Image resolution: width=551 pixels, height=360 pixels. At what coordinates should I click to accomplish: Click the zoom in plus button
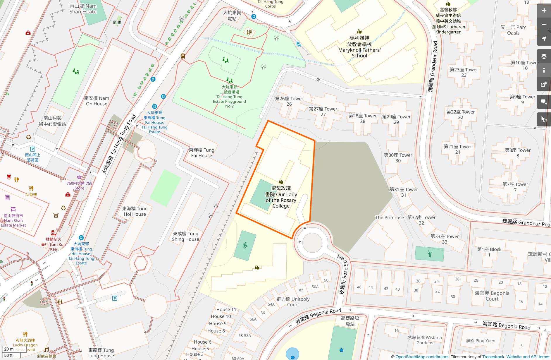click(x=544, y=11)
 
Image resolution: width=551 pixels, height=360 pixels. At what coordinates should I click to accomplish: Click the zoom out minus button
click(x=544, y=25)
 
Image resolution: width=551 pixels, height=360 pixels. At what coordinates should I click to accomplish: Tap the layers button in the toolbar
click(x=544, y=56)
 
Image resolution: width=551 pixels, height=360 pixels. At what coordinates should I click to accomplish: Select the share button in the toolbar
click(x=544, y=85)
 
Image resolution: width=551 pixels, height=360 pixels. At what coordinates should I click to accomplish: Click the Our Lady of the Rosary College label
click(x=281, y=197)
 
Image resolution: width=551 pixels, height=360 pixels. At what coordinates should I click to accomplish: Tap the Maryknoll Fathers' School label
click(x=359, y=47)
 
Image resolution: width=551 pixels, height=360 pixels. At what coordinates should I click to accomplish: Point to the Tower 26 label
click(x=289, y=101)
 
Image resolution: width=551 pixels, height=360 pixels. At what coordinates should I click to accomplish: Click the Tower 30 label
click(x=398, y=158)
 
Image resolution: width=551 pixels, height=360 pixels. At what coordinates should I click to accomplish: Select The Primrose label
click(x=389, y=217)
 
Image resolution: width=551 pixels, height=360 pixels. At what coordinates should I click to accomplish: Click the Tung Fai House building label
click(x=202, y=153)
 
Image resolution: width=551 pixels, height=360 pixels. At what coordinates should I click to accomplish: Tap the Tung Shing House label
click(x=185, y=236)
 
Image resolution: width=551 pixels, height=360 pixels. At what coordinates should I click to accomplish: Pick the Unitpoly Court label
click(x=293, y=302)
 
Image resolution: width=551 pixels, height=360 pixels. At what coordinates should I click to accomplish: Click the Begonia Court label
click(x=492, y=296)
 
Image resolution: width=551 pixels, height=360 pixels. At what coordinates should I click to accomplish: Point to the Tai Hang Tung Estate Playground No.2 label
click(x=229, y=97)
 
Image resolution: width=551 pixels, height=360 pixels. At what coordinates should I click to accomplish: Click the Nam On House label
click(x=97, y=101)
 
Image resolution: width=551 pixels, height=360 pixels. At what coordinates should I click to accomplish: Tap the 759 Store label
click(x=79, y=186)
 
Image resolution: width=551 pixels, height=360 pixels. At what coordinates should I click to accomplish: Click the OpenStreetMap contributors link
click(x=422, y=357)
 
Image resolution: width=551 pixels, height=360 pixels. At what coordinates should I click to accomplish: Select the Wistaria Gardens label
click(x=425, y=340)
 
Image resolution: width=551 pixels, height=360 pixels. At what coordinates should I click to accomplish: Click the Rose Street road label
click(x=343, y=274)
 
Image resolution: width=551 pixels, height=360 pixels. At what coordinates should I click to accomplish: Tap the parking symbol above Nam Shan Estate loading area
click(x=33, y=149)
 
